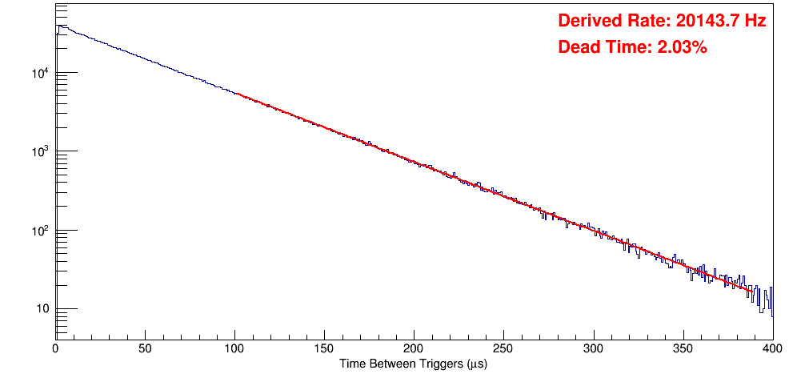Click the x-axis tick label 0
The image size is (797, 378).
pos(55,348)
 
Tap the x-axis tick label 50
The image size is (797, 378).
pos(145,348)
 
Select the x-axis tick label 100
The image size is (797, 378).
pos(234,348)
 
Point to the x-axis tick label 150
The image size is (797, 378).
pos(324,348)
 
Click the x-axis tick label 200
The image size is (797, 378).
pos(414,348)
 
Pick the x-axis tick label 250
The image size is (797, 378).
pos(503,348)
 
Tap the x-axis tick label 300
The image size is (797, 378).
pos(593,348)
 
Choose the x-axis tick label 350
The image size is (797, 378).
pos(683,348)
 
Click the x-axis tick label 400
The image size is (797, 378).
pos(772,348)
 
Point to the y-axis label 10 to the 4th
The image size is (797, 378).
pos(39,74)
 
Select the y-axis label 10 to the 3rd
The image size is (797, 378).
pos(39,152)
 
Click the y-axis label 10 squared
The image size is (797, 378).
pos(39,231)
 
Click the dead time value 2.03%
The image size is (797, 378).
pos(682,47)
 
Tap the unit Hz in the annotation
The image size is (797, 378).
pos(755,21)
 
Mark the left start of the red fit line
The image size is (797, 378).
pos(237,94)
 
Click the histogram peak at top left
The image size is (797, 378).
pos(58,26)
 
